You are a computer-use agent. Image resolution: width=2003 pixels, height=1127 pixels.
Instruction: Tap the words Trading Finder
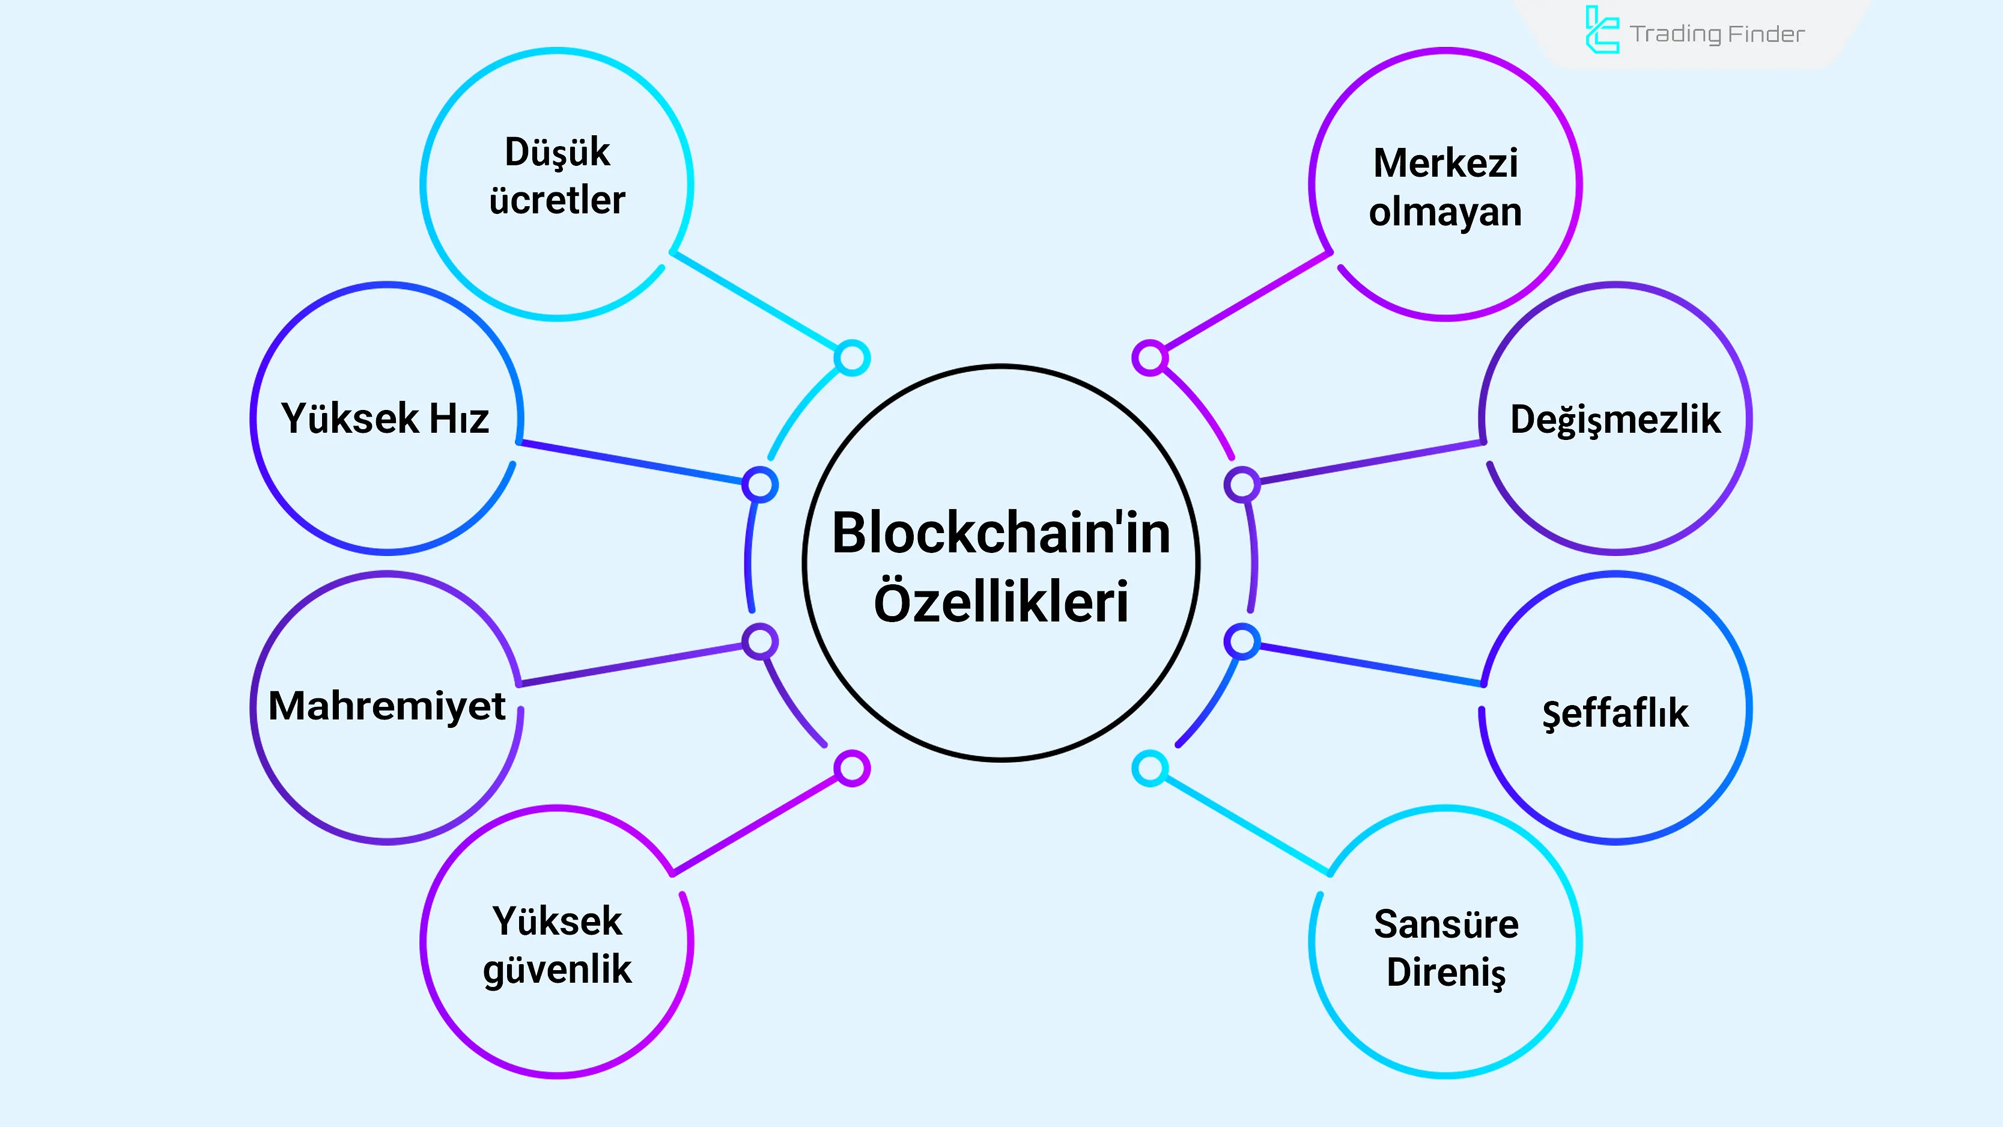(1717, 34)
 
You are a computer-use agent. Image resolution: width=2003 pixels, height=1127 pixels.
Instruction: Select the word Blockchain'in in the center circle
(1001, 534)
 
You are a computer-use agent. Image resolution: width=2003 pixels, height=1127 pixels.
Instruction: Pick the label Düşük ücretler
(557, 176)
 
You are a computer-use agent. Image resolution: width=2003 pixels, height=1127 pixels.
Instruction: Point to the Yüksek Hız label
(385, 418)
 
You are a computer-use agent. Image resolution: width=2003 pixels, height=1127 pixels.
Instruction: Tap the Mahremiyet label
(386, 706)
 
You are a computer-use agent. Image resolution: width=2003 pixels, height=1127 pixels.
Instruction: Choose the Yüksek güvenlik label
(557, 945)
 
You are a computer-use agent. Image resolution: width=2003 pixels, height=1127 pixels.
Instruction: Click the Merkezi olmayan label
(1445, 188)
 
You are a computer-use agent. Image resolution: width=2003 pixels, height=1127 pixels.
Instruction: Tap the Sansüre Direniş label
(1445, 948)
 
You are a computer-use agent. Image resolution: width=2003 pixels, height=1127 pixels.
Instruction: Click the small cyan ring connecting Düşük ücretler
(853, 358)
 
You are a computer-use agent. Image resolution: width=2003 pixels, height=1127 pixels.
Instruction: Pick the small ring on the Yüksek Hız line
(759, 484)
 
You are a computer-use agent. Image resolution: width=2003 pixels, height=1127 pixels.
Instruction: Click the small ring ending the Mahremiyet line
(759, 642)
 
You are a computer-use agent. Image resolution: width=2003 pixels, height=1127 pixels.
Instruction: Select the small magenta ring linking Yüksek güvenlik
(853, 768)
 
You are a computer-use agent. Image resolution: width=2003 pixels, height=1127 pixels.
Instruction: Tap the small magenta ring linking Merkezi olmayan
(1149, 358)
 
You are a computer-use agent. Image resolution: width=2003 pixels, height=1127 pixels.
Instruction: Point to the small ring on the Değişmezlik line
(1242, 484)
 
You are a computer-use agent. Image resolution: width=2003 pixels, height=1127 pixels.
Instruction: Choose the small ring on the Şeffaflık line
(1242, 642)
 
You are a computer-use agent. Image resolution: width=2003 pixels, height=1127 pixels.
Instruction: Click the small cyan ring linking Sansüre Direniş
(1149, 768)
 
